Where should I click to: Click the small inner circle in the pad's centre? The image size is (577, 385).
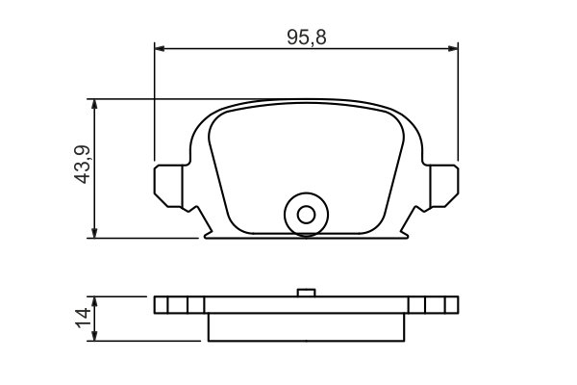click(x=306, y=214)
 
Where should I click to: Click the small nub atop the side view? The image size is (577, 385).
click(x=306, y=293)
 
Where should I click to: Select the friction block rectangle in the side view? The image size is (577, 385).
click(x=306, y=326)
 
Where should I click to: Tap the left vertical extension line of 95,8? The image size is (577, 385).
click(x=154, y=106)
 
